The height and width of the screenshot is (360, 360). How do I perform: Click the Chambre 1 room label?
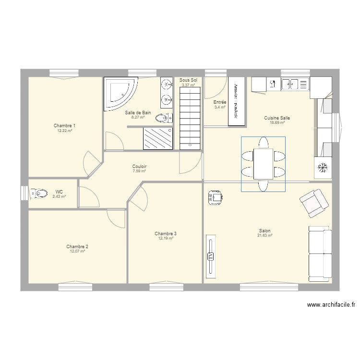coord(64,125)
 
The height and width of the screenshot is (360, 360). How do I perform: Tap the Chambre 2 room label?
coord(77,246)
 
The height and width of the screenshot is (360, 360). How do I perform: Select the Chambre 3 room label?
coord(165,234)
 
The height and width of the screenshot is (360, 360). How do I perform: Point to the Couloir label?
coord(139,167)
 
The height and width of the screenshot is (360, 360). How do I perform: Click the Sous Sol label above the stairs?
coord(188,80)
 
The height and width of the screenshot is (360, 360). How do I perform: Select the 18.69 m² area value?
coord(277,123)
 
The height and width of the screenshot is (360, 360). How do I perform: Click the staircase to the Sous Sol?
coord(190,118)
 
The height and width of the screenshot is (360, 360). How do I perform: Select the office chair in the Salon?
coord(215,197)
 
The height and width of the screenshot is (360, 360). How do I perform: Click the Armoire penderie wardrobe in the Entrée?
coord(236,101)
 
